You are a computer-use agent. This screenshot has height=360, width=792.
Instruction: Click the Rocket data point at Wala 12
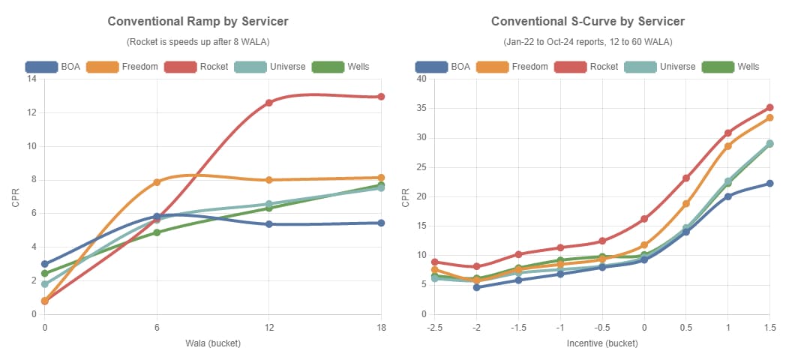pos(269,103)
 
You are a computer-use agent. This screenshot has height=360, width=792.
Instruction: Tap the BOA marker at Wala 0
pos(45,264)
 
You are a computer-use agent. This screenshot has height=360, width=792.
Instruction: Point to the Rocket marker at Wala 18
pos(381,97)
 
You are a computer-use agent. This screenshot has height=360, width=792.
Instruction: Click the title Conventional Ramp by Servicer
pos(198,22)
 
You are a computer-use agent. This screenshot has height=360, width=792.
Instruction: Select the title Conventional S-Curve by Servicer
pos(587,22)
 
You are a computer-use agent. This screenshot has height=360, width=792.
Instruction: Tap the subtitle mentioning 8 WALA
pos(198,41)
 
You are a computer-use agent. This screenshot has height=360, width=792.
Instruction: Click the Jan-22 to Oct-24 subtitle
pos(587,41)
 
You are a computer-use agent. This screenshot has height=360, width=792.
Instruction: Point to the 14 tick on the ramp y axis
pos(31,79)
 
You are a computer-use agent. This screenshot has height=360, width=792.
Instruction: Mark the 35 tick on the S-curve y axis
pos(421,108)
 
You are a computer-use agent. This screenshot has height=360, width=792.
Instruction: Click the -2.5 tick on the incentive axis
pos(433,328)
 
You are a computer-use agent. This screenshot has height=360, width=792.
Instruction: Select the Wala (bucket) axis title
pos(213,343)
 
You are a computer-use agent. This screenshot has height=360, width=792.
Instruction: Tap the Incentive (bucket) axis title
pos(601,343)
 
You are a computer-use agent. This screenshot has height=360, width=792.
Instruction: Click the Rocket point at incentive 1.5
pos(769,108)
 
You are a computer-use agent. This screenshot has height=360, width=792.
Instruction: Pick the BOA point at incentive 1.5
pos(769,184)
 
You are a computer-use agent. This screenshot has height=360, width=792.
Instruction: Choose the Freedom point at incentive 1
pos(727,146)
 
